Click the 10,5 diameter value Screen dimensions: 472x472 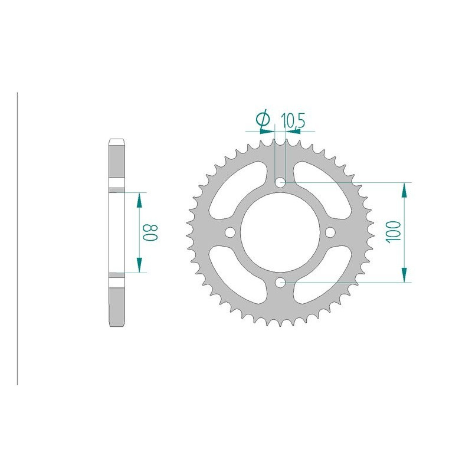click(x=293, y=120)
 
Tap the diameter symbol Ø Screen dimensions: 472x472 click(x=263, y=119)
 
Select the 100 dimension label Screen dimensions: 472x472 click(x=394, y=231)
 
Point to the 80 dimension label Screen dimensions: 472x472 click(x=150, y=232)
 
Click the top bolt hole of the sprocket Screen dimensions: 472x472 click(x=281, y=182)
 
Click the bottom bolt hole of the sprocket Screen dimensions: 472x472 click(x=281, y=283)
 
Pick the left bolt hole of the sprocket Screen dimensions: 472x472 click(x=230, y=232)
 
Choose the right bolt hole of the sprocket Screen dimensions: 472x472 click(x=330, y=232)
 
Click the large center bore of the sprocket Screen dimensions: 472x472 click(x=281, y=232)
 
